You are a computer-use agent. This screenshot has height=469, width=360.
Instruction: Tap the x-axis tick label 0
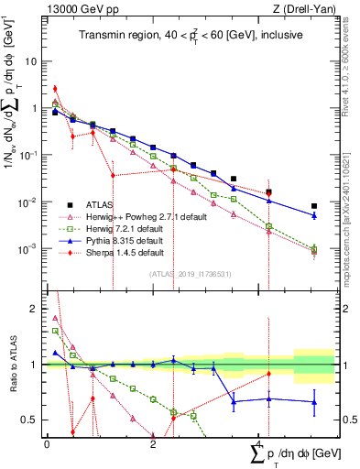click(47, 445)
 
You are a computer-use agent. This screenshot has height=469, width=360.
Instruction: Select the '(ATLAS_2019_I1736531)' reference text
click(189, 273)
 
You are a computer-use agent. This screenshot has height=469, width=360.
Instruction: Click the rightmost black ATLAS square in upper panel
click(314, 207)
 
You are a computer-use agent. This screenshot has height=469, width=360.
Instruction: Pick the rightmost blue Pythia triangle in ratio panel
click(314, 401)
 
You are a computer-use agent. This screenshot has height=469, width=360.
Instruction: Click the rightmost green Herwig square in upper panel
click(314, 248)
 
